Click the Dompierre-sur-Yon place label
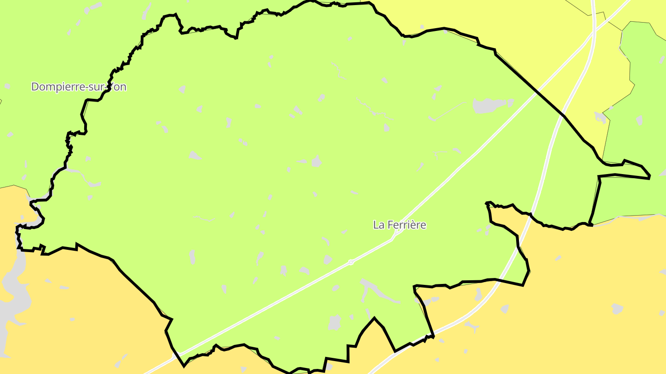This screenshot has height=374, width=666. (x=79, y=87)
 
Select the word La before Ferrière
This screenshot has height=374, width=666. (x=379, y=225)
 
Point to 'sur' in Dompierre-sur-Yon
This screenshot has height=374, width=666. (x=101, y=87)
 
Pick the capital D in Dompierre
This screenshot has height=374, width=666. (x=35, y=87)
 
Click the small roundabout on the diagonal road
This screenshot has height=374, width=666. (x=351, y=262)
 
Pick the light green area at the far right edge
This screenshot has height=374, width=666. (x=647, y=115)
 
